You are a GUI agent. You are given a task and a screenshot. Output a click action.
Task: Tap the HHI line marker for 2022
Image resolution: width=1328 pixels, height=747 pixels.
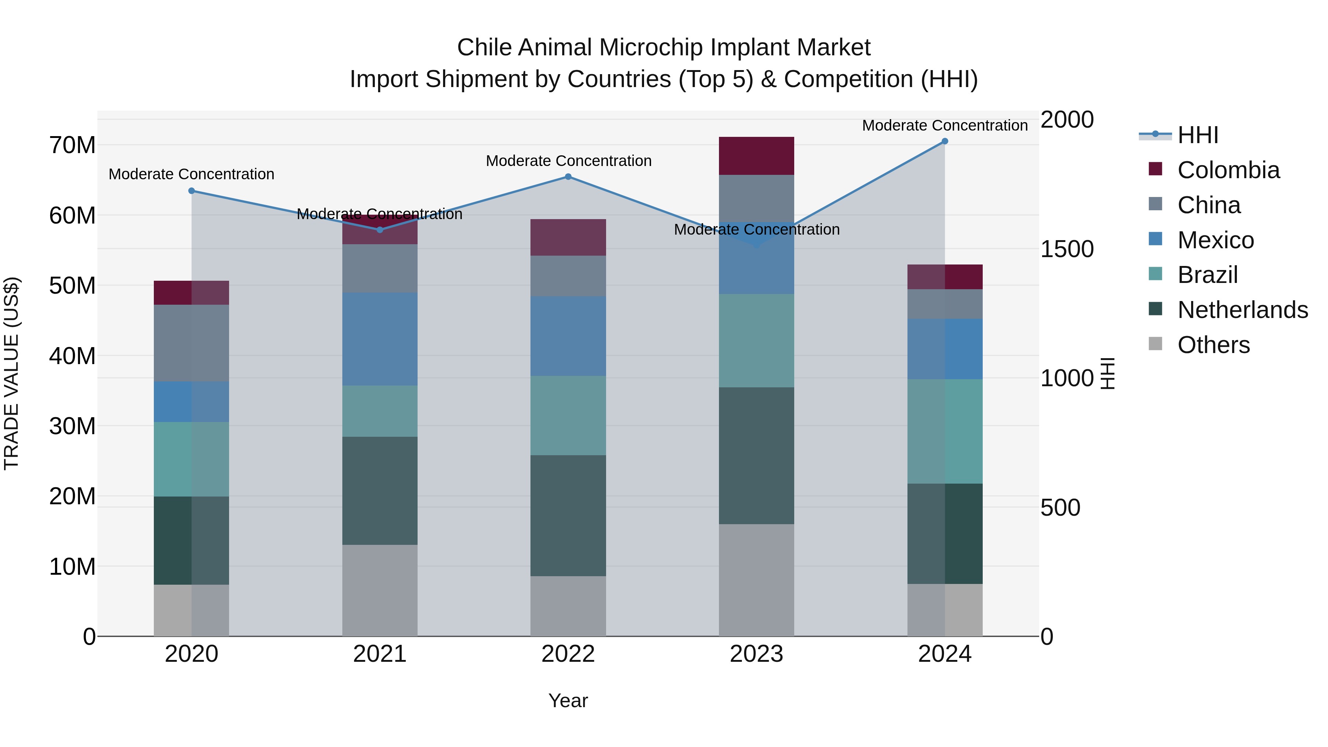click(x=568, y=177)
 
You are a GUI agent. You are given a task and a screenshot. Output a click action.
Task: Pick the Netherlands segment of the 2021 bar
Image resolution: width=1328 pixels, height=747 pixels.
click(x=380, y=490)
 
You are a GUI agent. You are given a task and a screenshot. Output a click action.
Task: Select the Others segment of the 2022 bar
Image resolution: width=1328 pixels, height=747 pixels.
click(x=568, y=606)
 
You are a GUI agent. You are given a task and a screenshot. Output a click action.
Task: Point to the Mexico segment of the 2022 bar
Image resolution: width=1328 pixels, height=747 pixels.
click(x=568, y=336)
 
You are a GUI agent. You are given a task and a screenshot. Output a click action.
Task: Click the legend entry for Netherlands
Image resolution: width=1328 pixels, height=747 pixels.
click(x=1242, y=310)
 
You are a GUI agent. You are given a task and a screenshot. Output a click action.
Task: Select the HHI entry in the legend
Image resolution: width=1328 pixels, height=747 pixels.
click(x=1197, y=135)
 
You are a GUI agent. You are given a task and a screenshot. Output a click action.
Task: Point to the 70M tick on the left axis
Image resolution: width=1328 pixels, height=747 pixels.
click(x=72, y=145)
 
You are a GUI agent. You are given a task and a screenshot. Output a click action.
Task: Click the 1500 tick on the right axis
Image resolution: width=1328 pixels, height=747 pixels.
click(x=1066, y=249)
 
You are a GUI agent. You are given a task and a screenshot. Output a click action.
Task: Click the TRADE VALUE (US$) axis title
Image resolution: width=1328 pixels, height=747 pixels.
click(x=12, y=373)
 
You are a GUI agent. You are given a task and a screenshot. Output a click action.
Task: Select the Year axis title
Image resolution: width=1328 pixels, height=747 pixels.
click(x=568, y=701)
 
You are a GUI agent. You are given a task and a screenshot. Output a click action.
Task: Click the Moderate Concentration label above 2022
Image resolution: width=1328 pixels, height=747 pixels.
click(x=568, y=161)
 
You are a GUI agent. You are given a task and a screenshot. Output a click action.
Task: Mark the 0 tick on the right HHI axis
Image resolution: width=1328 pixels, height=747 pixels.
click(x=1047, y=637)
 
